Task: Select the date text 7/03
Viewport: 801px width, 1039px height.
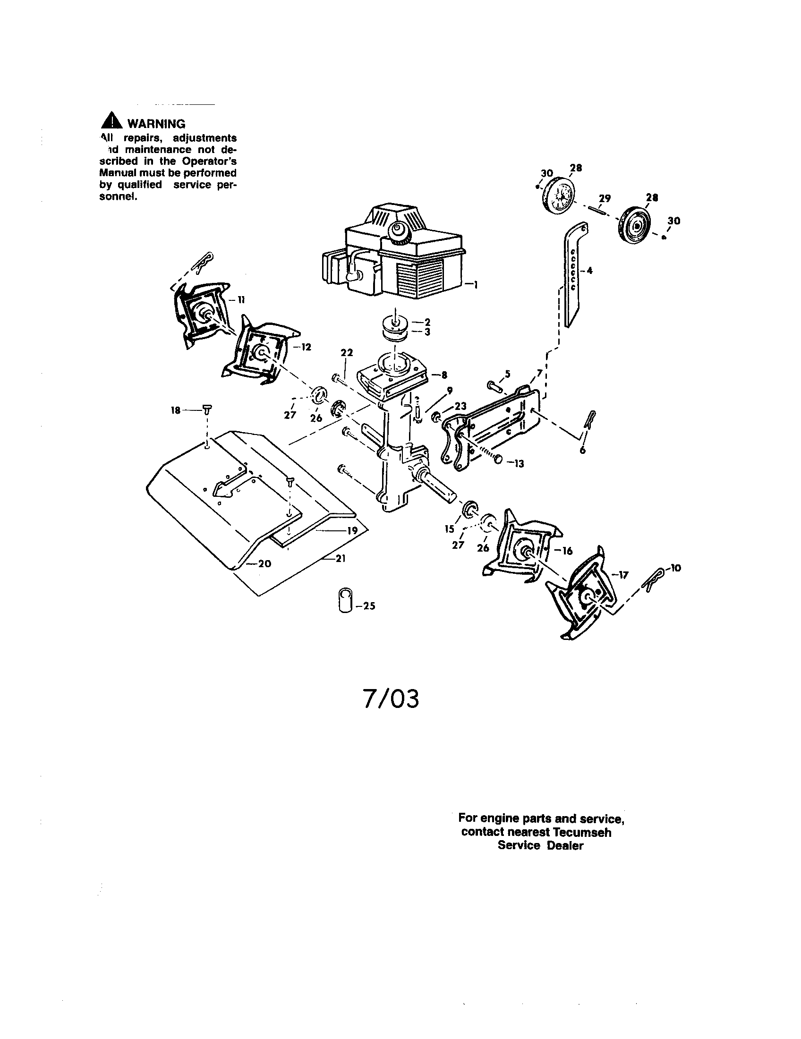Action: [x=391, y=699]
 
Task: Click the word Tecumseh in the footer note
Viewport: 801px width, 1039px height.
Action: [x=581, y=832]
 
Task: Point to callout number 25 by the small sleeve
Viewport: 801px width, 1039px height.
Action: [x=369, y=606]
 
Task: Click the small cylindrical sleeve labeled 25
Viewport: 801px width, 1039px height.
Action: [x=345, y=601]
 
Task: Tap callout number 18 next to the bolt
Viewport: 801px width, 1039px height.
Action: [x=176, y=409]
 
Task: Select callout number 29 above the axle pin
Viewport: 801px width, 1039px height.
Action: [x=605, y=198]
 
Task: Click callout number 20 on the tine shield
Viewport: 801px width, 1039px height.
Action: [x=264, y=563]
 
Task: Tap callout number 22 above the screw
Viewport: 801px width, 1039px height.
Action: [x=347, y=352]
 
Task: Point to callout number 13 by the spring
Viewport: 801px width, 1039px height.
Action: [x=519, y=463]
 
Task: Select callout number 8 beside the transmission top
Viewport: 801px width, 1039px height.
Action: [x=444, y=375]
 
